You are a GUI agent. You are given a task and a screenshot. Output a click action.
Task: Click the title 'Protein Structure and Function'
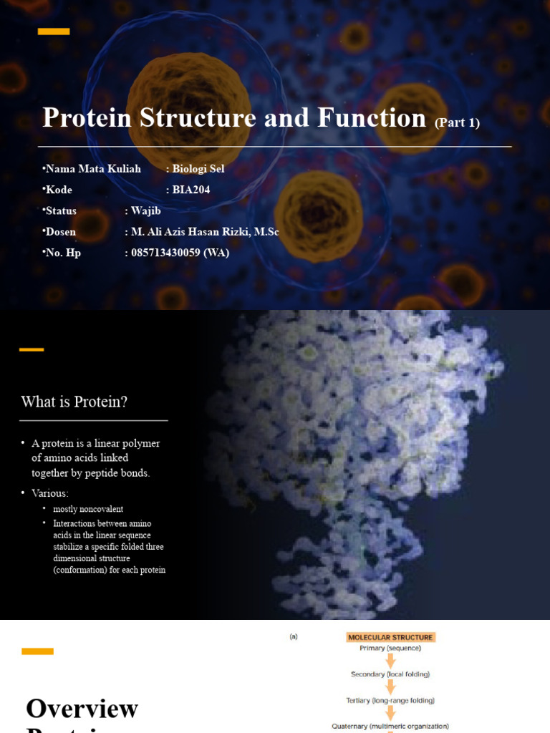[234, 118]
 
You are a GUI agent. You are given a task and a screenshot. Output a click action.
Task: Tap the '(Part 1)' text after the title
[457, 123]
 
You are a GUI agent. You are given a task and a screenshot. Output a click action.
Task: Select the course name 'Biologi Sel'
[198, 169]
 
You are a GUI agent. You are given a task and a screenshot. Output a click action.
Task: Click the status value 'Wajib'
[146, 210]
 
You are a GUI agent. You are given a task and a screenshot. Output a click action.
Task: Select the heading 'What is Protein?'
[74, 402]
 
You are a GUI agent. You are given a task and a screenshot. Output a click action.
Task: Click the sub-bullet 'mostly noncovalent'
[88, 509]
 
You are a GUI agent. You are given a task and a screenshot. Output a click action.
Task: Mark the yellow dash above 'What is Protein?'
[32, 349]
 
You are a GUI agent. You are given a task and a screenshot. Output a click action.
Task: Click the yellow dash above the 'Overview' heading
[37, 651]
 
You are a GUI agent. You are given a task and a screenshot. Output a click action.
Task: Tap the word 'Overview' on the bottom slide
[82, 709]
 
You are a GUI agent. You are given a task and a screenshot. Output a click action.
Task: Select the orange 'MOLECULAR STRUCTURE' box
[390, 637]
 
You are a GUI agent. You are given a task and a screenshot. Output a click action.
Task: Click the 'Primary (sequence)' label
[390, 649]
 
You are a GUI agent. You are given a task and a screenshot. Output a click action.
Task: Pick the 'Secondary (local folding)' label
[390, 674]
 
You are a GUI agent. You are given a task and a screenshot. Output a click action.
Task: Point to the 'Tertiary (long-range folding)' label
[390, 700]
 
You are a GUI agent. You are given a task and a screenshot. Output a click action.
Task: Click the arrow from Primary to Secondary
[391, 661]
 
